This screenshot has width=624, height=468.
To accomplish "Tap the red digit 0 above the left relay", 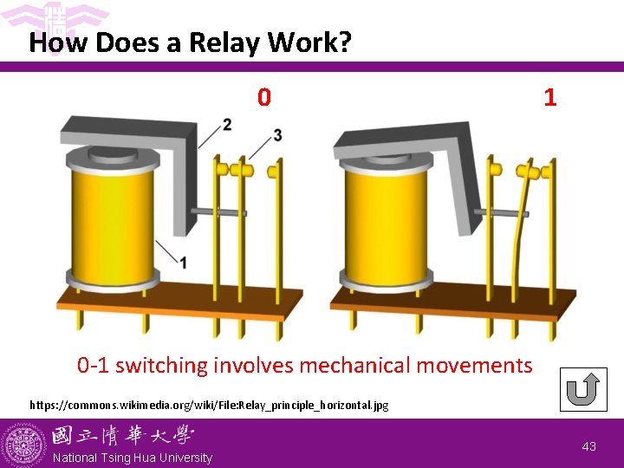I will (x=264, y=97).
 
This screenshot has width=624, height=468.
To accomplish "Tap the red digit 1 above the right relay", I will (x=549, y=97).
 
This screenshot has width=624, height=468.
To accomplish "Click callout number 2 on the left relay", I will (x=227, y=124).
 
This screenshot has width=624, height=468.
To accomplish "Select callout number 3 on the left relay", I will (x=277, y=134).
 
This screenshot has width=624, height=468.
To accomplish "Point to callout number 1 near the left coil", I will (x=183, y=262).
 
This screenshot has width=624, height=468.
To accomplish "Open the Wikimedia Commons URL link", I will (x=209, y=405).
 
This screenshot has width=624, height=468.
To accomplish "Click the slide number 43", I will (x=589, y=446).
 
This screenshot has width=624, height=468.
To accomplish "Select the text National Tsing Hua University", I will (x=132, y=458).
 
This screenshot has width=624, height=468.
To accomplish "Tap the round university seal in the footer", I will (x=23, y=444).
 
